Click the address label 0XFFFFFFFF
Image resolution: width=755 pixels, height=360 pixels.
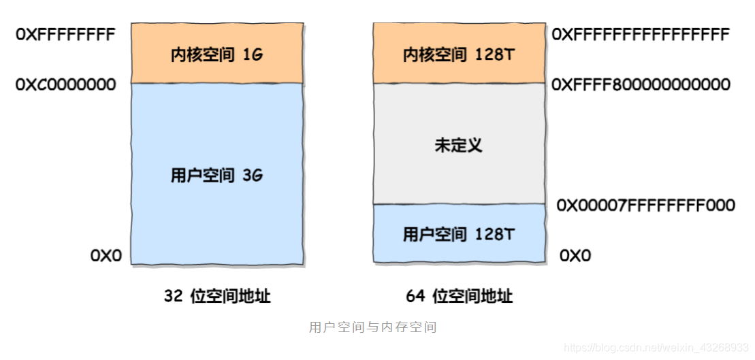tap(65, 34)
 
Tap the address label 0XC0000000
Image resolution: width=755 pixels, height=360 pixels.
tap(65, 84)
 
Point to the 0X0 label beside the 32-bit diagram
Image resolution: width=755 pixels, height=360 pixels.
tap(106, 256)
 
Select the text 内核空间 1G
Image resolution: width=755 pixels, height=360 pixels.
tap(216, 55)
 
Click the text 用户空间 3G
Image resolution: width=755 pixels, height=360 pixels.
tap(216, 175)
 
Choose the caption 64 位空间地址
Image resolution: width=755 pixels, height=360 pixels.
tap(459, 296)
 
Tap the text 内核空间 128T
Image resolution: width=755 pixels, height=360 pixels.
tap(459, 55)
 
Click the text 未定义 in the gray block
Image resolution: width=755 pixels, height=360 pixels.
tap(458, 145)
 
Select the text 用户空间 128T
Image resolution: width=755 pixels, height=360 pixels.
tap(459, 235)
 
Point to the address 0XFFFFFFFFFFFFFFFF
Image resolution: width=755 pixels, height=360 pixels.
tap(641, 34)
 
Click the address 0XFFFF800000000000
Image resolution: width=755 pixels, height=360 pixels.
tap(641, 84)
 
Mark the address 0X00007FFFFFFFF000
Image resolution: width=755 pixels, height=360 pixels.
tap(645, 205)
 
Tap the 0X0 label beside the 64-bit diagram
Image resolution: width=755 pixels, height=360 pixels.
tap(575, 256)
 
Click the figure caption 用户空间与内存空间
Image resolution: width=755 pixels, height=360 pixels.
tap(372, 327)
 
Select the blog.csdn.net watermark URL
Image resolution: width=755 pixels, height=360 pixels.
tap(656, 348)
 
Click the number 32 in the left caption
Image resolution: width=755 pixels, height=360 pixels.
tap(173, 296)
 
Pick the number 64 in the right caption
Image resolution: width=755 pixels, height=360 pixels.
tap(415, 296)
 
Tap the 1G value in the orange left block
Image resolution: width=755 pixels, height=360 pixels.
tap(253, 55)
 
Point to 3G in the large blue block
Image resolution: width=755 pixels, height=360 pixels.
tap(253, 175)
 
